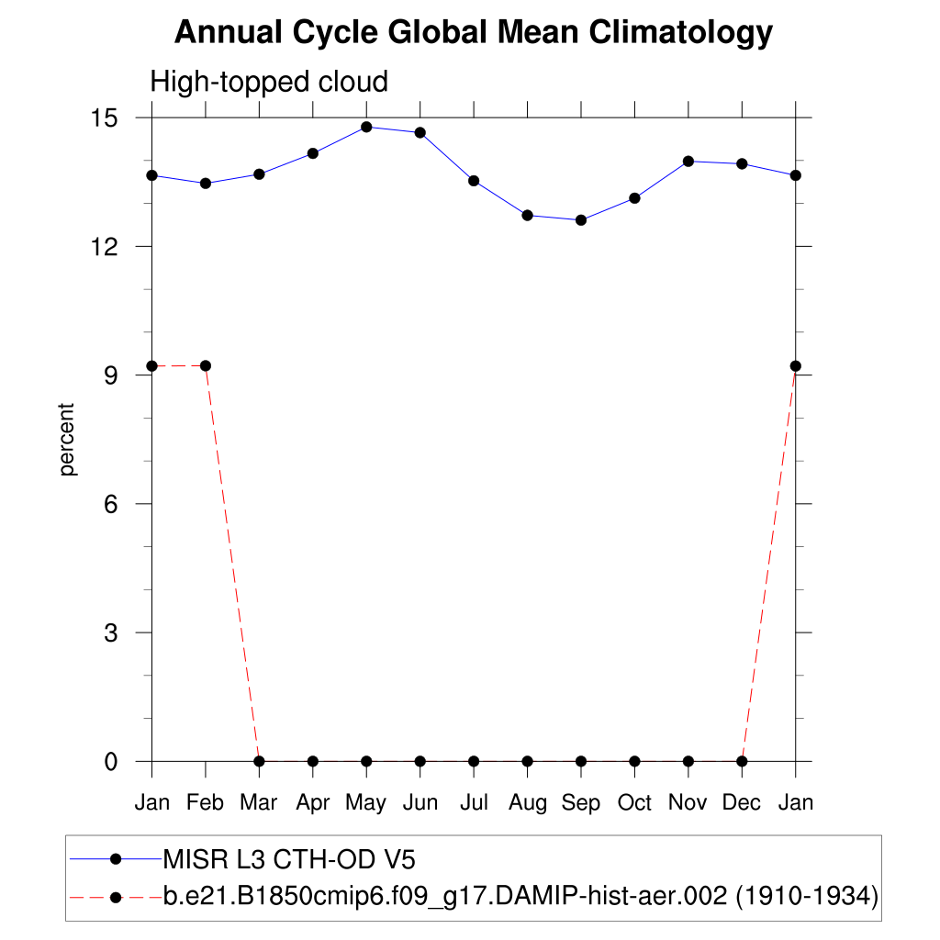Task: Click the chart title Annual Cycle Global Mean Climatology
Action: [x=473, y=33]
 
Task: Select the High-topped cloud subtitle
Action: [x=269, y=82]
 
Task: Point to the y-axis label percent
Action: [x=67, y=440]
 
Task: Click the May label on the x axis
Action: [x=365, y=803]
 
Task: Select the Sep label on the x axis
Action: [x=580, y=803]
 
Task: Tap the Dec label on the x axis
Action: [x=742, y=803]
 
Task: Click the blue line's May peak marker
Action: [x=366, y=127]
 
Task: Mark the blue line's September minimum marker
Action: [x=581, y=220]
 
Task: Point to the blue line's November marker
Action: [x=688, y=162]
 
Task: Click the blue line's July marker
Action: [x=474, y=181]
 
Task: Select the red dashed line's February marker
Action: [x=206, y=366]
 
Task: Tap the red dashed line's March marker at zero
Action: [x=259, y=761]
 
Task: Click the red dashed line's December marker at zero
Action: [x=742, y=761]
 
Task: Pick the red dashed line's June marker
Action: [x=420, y=761]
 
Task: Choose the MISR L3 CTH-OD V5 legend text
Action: [x=289, y=860]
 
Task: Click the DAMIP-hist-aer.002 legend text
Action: [x=520, y=896]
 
